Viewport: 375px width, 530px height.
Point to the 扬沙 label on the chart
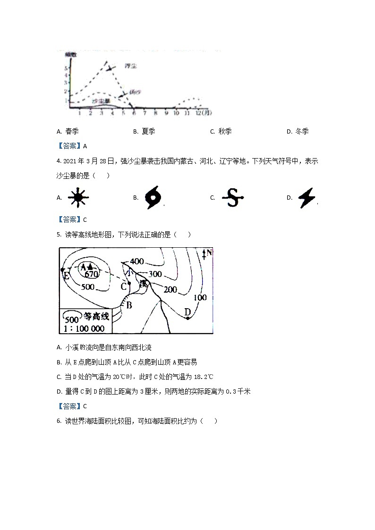coord(135,93)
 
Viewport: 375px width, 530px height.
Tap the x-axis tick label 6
coord(134,113)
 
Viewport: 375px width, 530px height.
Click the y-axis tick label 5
coord(66,68)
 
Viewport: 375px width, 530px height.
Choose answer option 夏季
coord(148,132)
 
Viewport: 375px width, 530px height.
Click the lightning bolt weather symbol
coord(307,198)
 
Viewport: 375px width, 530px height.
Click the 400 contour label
coord(137,261)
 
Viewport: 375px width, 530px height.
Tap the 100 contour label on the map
coord(200,297)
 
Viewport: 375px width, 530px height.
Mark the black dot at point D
coord(187,318)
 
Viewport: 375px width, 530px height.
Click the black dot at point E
coord(63,270)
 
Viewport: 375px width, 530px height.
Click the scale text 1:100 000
coord(85,328)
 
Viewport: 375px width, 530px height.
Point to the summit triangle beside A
coord(90,267)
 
